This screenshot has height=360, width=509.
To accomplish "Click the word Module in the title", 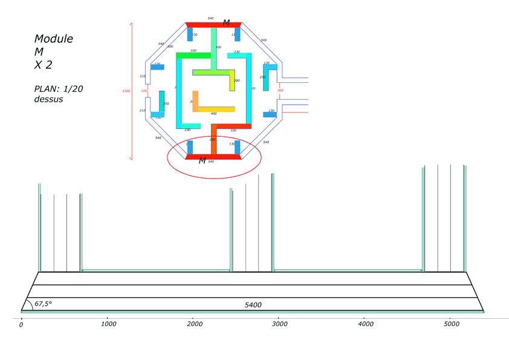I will (x=53, y=39).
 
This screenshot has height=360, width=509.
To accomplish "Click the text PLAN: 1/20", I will (x=58, y=89).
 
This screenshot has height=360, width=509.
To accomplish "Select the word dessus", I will (x=48, y=99).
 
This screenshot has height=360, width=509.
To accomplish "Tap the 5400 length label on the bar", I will (x=253, y=305).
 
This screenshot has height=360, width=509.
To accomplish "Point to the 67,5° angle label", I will (x=43, y=304).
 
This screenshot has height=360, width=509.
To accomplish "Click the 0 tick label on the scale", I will (x=21, y=325).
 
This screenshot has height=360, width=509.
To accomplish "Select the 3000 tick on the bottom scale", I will (x=279, y=324).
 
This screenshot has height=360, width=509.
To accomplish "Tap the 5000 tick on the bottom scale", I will (x=450, y=324).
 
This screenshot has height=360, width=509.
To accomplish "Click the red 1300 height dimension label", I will (x=126, y=91).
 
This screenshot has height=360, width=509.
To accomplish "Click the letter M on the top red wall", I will (x=226, y=23).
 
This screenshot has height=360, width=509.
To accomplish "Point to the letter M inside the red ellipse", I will (x=202, y=161).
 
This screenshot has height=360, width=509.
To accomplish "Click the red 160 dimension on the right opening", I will (x=280, y=91).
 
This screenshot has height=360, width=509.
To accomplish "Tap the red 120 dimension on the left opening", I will (x=144, y=91).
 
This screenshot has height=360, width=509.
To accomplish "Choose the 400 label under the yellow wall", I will (x=213, y=114).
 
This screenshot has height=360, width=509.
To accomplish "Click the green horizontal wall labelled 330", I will (x=193, y=56).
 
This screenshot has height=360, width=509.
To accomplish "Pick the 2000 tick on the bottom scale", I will (x=193, y=324).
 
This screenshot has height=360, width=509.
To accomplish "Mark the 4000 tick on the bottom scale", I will (x=365, y=324).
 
